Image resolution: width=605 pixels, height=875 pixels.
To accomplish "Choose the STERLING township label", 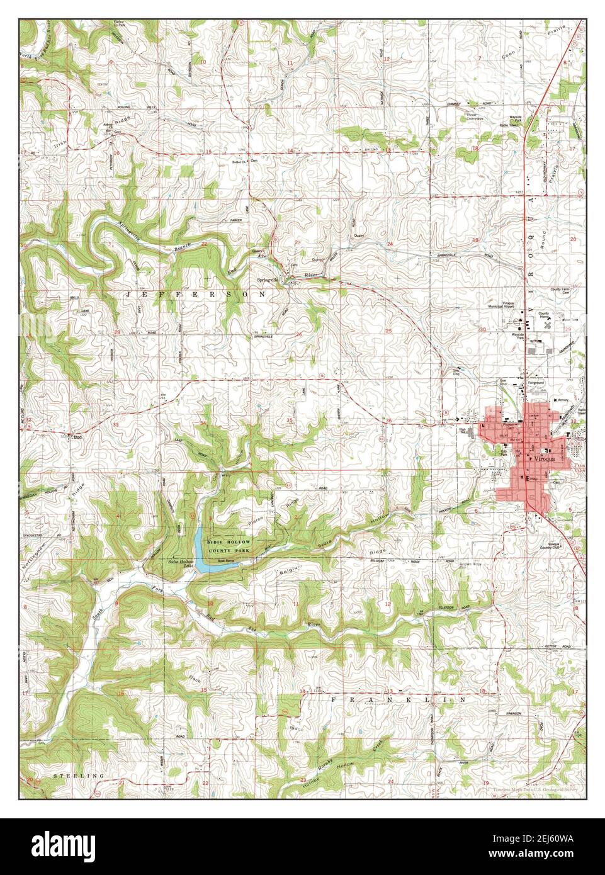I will (x=79, y=776).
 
